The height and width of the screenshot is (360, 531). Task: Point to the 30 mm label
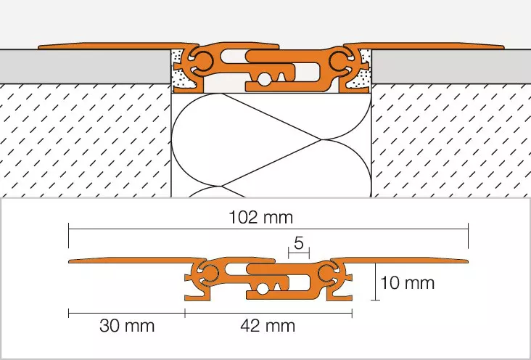tap(127, 325)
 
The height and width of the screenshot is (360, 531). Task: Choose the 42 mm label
tap(268, 325)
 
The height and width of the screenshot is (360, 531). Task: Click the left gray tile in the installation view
tap(83, 66)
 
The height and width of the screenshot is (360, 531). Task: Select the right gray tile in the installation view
tap(450, 66)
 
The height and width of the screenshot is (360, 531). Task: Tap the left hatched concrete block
tap(83, 138)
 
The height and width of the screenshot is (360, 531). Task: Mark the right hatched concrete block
tap(450, 138)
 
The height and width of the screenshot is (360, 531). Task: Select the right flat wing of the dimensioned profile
tap(406, 261)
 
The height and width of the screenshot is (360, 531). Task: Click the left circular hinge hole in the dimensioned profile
tap(210, 273)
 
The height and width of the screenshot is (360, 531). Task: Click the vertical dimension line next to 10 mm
tap(375, 282)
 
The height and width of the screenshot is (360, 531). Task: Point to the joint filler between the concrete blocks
tap(271, 145)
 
